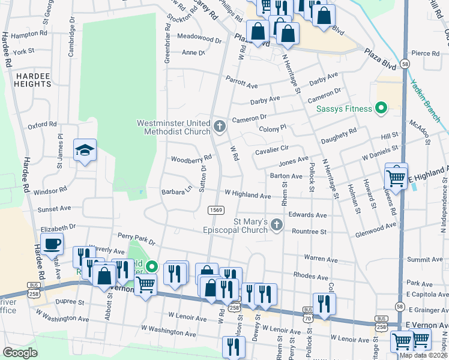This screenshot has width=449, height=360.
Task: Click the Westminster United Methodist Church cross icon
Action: coord(220,127)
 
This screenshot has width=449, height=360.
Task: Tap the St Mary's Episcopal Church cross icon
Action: coord(276,226)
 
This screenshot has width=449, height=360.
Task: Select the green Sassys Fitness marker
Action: coord(380,109)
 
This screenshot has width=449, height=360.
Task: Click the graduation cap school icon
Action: coord(85,151)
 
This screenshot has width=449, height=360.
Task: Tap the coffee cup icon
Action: coord(52,245)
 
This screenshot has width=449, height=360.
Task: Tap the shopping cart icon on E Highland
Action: coord(396,176)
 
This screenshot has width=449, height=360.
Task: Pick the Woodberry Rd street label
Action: coord(191,158)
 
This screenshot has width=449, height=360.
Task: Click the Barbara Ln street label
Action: coord(176,191)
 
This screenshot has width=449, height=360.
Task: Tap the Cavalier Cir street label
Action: coord(272,150)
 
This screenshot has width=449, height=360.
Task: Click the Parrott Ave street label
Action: coord(242,79)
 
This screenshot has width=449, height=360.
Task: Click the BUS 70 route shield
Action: coord(308,313)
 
